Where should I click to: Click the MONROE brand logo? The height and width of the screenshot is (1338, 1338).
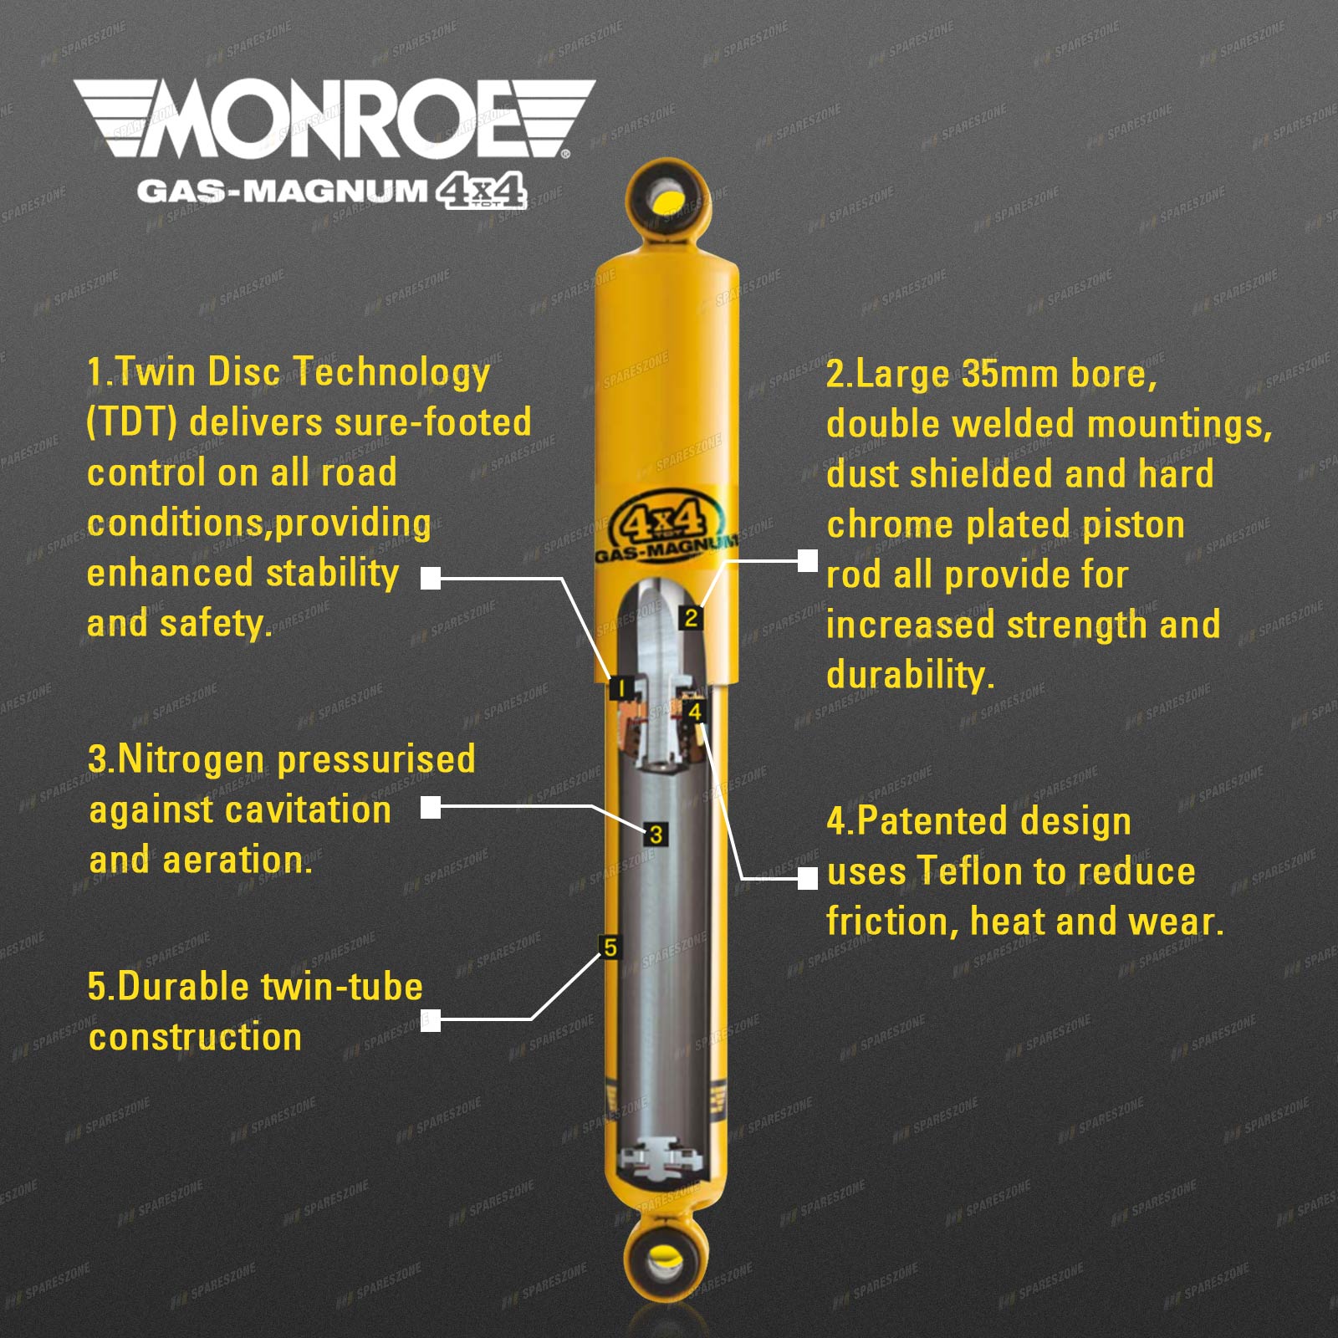coord(334,119)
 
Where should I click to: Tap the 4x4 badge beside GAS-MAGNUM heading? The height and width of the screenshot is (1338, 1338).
coord(482,191)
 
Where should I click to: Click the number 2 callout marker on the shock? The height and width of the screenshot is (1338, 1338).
coord(691,618)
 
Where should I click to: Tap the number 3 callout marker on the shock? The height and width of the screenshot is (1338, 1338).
coord(656,835)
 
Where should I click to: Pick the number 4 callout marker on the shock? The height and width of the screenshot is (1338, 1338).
coord(694,712)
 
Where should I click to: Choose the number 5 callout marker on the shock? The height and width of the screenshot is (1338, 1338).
coord(610,947)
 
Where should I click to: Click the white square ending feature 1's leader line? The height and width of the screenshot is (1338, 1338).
coord(431,578)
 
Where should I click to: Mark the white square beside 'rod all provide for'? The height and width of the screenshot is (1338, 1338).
coord(807,560)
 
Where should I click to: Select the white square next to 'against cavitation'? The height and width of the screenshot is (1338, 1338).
coord(431,807)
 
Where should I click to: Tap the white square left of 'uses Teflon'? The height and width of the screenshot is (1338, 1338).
coord(807,878)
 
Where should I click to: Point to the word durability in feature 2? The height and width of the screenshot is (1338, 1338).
coord(910,675)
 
